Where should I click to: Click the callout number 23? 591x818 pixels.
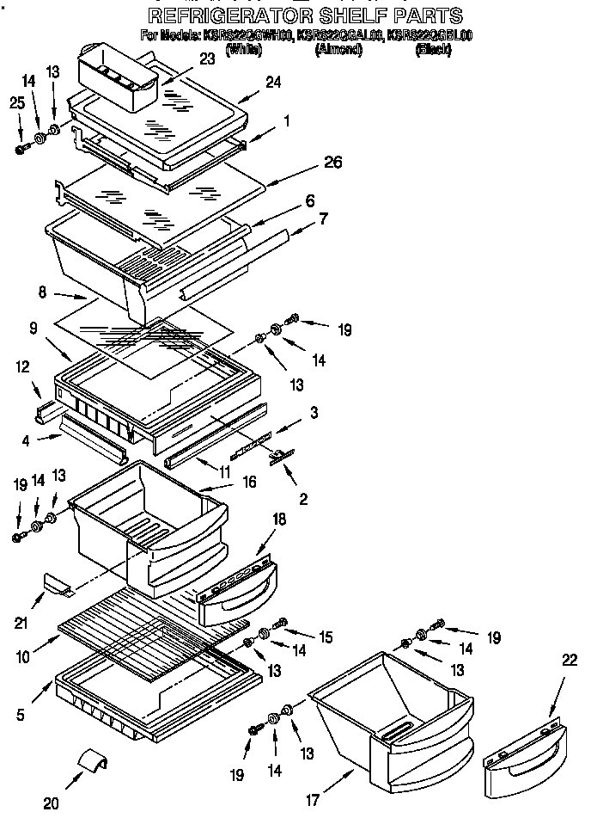coord(207,59)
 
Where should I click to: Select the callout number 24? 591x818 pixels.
coord(273,83)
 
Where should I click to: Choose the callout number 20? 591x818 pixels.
coord(51,803)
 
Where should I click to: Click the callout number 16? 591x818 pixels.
coord(248,483)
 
